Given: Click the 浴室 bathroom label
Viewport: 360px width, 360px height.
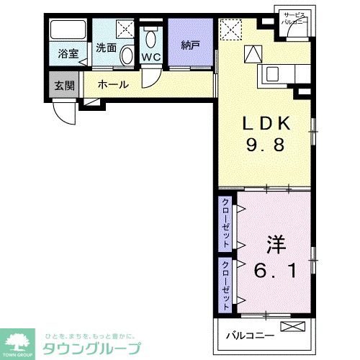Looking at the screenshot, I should pos(68,53).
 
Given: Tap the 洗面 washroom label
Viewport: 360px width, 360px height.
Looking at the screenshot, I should pos(106,48).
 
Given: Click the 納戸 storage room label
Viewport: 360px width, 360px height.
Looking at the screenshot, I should pos(191,45).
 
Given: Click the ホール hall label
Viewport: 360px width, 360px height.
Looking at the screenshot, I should pos(113,84).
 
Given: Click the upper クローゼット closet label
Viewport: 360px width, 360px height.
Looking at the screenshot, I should pos(225,223).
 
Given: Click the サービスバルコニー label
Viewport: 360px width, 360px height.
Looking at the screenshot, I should pos(295,19).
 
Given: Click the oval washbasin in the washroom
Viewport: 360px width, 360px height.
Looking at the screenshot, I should pos(126,56).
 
